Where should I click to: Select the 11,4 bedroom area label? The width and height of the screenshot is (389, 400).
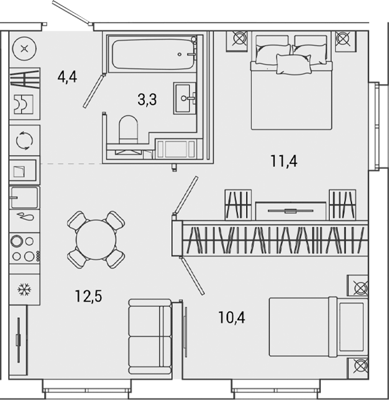coord(283,161)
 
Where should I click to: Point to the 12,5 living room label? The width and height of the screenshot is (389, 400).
coord(88,295)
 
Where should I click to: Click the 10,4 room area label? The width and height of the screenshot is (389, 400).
coord(232,318)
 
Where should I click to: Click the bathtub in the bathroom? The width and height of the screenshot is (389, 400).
coord(152,54)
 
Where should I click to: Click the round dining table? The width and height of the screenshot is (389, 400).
coord(96,239)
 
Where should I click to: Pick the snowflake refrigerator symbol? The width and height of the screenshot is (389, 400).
coord(24,290)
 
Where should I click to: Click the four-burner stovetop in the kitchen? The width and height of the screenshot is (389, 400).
coord(24,247)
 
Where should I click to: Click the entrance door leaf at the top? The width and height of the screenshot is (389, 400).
coord(72,14)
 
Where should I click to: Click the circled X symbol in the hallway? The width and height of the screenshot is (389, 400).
coord(24,49)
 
